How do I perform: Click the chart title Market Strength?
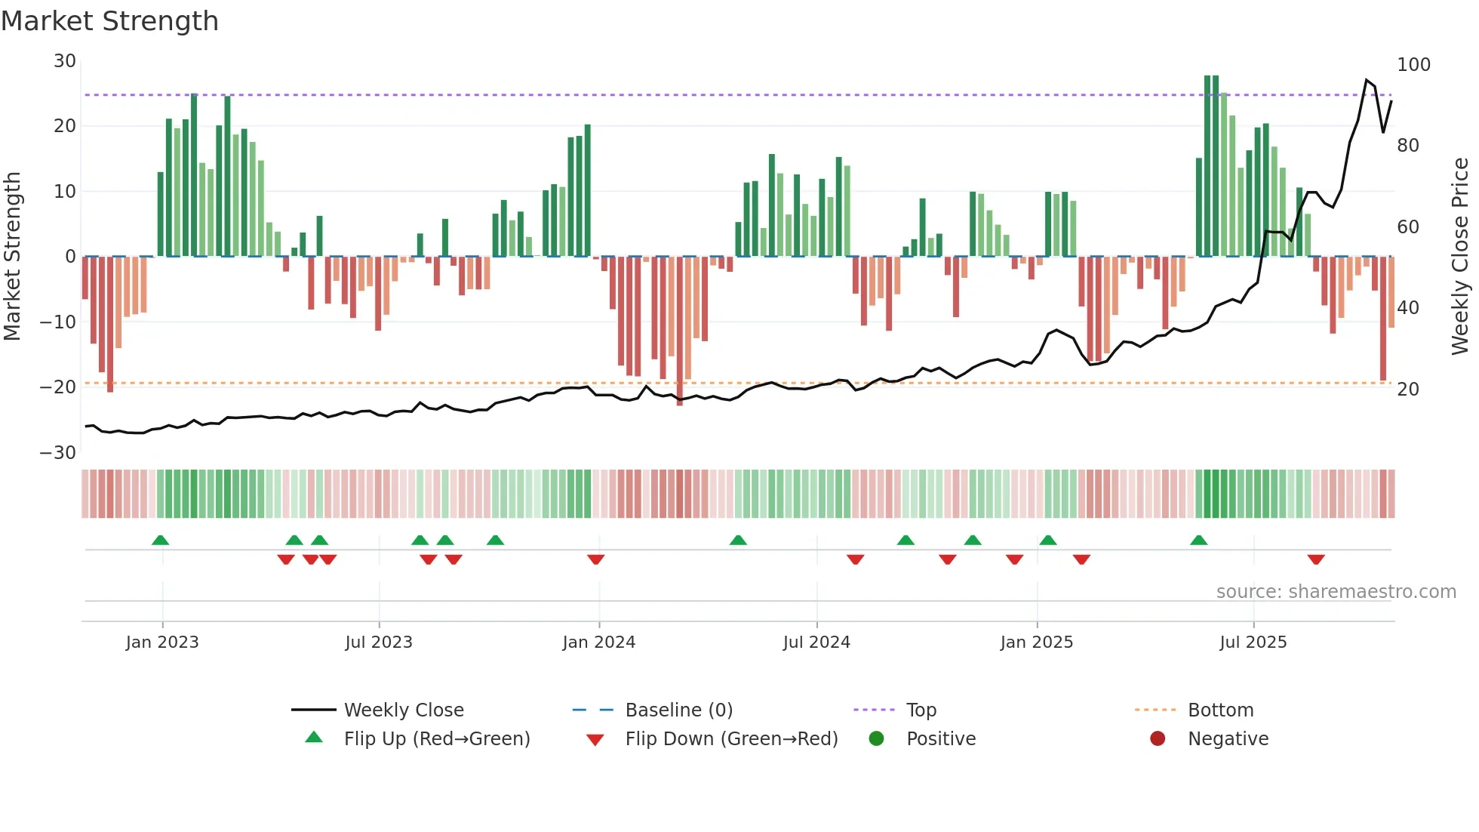point(109,21)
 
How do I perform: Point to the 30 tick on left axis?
point(65,61)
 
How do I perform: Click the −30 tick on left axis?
point(58,453)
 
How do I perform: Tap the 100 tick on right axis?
point(1413,65)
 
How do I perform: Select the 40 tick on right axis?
point(1408,308)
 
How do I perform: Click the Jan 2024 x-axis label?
point(599,642)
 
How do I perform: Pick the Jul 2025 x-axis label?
point(1253,642)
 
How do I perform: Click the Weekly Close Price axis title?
point(1460,257)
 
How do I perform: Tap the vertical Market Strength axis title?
point(13,257)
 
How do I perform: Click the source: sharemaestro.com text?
point(1336,592)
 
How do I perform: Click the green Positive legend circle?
point(876,739)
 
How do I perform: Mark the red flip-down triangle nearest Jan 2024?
point(596,559)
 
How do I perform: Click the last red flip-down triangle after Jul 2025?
point(1316,559)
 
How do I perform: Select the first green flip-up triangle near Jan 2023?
point(160,540)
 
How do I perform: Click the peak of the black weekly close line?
point(1367,79)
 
